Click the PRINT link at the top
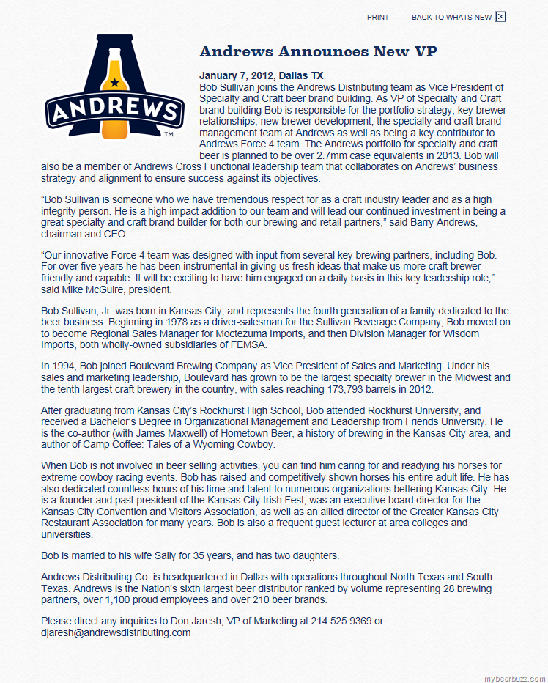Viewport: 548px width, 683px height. (378, 17)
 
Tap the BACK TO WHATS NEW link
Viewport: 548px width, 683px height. (451, 17)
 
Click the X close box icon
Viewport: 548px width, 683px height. (501, 17)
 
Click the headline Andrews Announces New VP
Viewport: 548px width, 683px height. (319, 51)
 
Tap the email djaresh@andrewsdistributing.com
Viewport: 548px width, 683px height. (116, 633)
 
